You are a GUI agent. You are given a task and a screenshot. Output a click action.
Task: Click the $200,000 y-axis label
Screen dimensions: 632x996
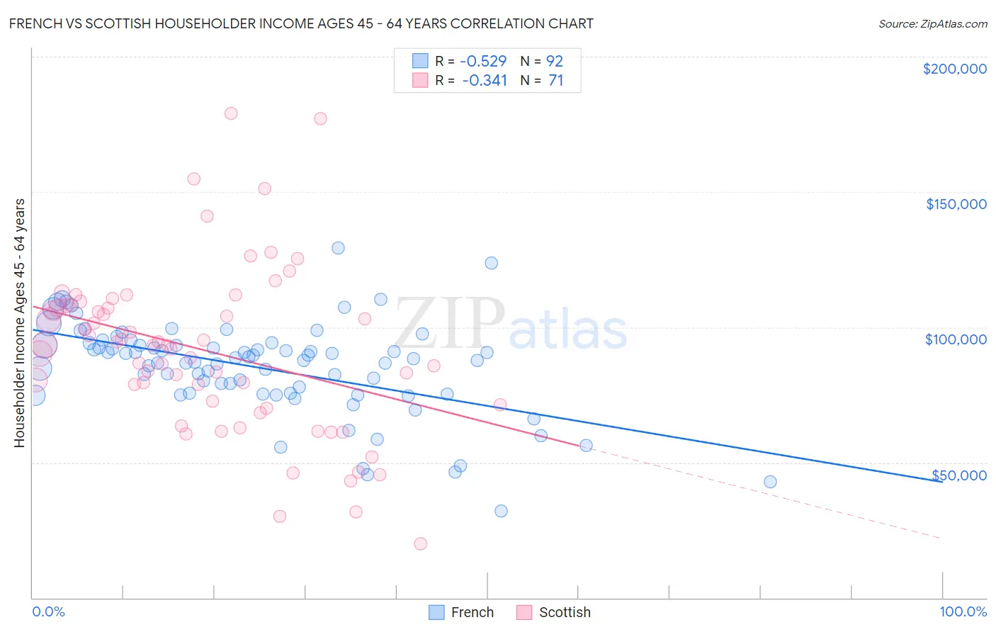[954, 69]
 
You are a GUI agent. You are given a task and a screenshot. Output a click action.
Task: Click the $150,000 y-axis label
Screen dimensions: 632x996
[956, 204]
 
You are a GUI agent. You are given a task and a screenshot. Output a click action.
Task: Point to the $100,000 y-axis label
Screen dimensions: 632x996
[956, 339]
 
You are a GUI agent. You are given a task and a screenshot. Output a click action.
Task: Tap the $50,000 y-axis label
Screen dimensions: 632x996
[958, 475]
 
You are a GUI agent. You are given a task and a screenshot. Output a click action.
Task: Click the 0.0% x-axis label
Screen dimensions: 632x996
[48, 611]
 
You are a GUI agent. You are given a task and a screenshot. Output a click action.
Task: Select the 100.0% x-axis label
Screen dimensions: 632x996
[963, 611]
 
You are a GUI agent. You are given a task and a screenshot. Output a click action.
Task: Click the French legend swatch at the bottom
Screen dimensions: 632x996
[436, 612]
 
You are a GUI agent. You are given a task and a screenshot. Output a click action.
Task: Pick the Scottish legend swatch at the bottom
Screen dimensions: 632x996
[524, 612]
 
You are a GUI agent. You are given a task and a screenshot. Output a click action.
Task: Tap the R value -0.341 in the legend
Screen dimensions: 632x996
[485, 80]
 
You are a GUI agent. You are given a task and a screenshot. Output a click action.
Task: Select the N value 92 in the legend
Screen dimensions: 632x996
[555, 61]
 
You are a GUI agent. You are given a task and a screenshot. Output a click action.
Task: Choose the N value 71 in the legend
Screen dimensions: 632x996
[556, 80]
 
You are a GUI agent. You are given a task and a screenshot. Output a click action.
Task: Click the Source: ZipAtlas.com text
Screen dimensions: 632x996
[932, 23]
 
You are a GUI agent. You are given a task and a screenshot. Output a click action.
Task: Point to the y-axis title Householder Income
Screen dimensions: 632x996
[19, 322]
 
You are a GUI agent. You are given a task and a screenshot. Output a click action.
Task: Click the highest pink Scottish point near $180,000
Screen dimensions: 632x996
[231, 113]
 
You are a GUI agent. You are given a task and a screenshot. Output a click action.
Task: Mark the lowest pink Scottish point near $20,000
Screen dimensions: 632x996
[421, 543]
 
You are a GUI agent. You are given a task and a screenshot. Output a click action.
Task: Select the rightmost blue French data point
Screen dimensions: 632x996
[770, 482]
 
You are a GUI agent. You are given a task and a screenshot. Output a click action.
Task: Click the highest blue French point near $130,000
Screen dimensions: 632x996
[338, 248]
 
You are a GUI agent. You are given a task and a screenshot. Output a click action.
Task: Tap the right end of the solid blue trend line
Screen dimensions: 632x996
[941, 481]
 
